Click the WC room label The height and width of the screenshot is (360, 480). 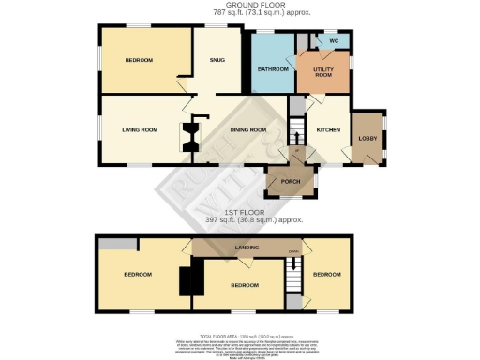coord(333,42)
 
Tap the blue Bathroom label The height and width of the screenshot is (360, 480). coord(272,69)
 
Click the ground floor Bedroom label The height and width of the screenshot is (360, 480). coord(139,61)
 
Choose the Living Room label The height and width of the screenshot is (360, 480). coord(140,129)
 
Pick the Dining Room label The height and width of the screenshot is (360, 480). coord(249,129)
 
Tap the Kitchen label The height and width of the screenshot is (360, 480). coord(328,129)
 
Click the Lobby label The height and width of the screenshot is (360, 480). coord(368,139)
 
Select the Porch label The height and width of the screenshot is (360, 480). coord(289,182)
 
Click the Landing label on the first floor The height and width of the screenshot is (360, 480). coord(247,247)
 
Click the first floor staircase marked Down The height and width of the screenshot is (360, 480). coord(293,272)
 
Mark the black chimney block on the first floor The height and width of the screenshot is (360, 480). coord(191,278)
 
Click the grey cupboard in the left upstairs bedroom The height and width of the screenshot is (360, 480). coord(117,244)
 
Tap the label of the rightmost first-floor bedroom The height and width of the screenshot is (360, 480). coord(326,275)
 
